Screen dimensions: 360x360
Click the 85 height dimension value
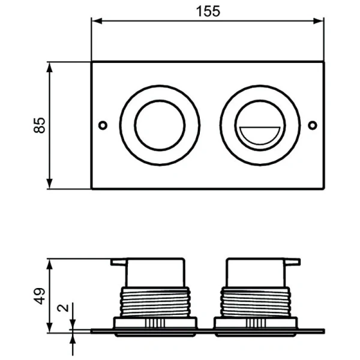(x=39, y=125)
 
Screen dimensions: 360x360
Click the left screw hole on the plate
(x=103, y=125)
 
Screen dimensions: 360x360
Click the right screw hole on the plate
(x=312, y=125)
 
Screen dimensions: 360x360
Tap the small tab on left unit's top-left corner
(x=118, y=262)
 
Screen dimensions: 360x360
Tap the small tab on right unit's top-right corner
(x=293, y=262)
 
